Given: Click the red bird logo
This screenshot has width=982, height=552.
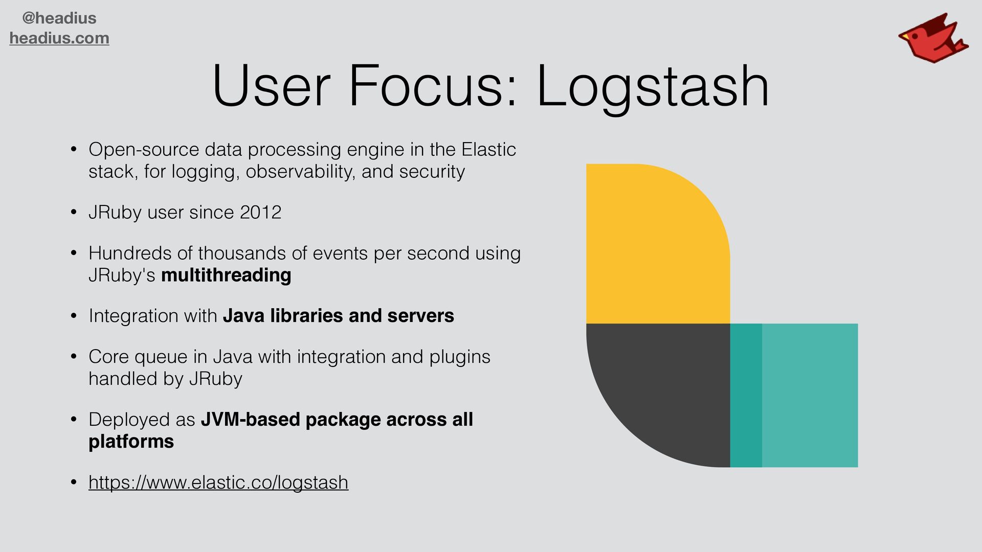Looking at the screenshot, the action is (x=932, y=39).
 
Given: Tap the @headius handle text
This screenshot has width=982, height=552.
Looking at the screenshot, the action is (x=59, y=18).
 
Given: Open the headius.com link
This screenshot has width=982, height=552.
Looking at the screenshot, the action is (x=59, y=38).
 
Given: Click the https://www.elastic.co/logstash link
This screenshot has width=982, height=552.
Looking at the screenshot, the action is (x=218, y=482).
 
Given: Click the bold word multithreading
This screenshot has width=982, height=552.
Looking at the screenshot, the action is (x=226, y=275).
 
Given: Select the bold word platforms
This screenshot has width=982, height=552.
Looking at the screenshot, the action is (x=131, y=442).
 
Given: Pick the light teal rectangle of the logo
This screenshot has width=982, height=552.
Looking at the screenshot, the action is (x=810, y=395).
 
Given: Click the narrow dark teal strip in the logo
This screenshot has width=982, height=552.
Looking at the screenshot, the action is (x=746, y=395).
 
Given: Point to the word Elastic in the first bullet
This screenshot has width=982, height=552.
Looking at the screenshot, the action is (x=488, y=150).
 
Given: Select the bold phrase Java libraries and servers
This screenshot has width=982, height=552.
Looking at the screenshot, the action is (x=338, y=316).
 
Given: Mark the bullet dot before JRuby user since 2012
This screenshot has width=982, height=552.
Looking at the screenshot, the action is (x=74, y=213).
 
